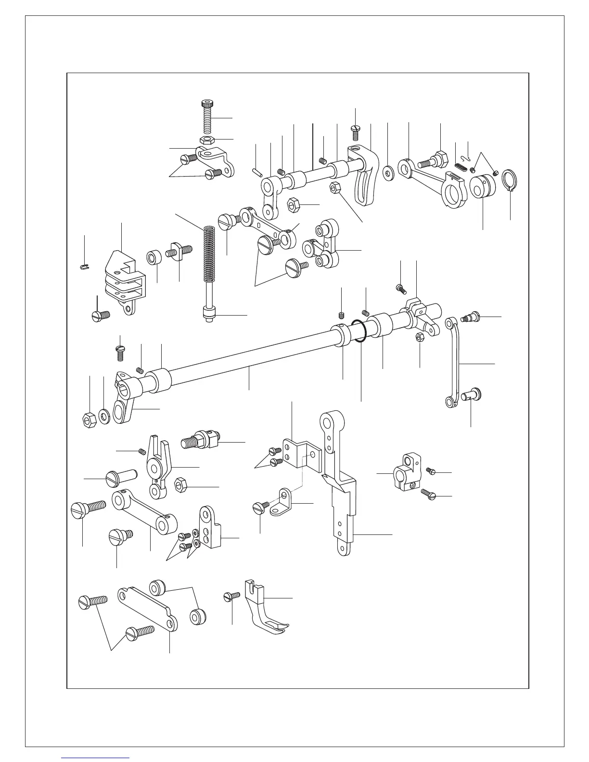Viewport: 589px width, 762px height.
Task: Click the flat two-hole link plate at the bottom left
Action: coord(147,607)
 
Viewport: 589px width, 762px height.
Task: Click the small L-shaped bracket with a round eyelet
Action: coord(282,503)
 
